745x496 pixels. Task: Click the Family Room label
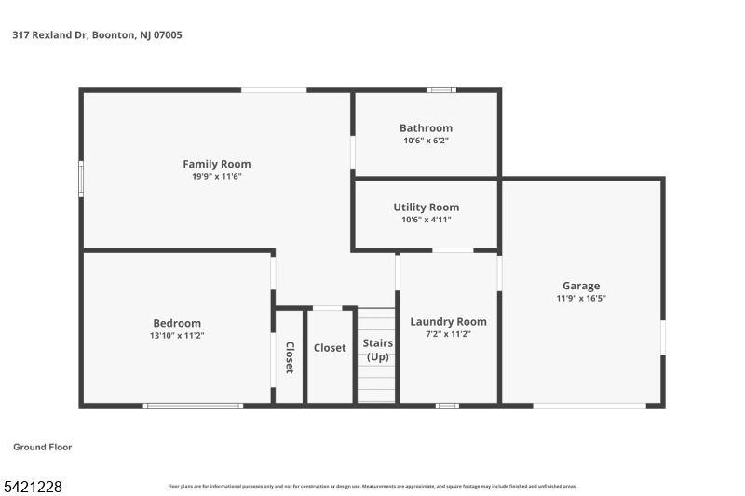pos(216,164)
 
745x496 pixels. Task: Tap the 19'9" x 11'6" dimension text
pos(216,177)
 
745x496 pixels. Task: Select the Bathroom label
pos(426,128)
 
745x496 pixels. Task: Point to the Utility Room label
pos(426,208)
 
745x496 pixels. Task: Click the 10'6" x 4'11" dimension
pos(426,221)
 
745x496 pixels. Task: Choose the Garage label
pos(580,286)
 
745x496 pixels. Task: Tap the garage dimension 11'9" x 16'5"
pos(580,299)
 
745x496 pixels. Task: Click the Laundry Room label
pos(448,322)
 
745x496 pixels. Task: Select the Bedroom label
pos(177,323)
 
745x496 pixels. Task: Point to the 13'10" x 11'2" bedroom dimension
pos(177,336)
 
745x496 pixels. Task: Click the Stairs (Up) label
pos(377,350)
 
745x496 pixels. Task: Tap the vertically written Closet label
pos(290,358)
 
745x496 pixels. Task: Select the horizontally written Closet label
pos(330,348)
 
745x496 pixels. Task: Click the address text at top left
pos(97,35)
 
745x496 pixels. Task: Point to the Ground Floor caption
pos(42,448)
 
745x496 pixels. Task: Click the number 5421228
pos(33,486)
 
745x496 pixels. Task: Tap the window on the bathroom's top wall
pos(440,90)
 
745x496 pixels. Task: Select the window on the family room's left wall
pos(81,179)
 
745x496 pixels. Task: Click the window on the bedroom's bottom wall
pos(193,405)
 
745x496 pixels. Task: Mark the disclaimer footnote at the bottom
pos(372,486)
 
